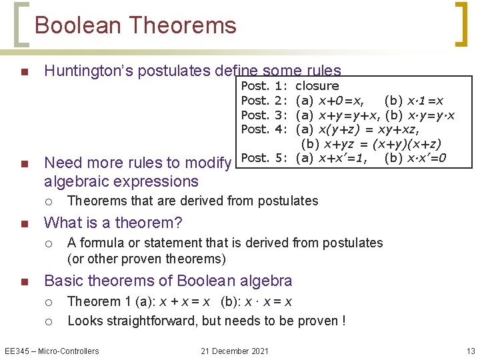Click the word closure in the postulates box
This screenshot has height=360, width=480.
click(317, 86)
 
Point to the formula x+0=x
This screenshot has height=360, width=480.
click(341, 101)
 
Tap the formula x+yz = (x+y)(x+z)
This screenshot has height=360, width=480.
click(382, 143)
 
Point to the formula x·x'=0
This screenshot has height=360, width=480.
click(425, 158)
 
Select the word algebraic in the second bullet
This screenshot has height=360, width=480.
click(76, 181)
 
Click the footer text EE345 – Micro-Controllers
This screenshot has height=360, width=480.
click(51, 351)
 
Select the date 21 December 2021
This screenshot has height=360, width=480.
click(235, 351)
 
